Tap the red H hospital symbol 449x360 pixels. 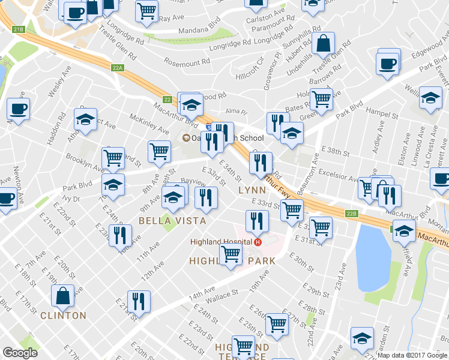pyautogui.click(x=258, y=242)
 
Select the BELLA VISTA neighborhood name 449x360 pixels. pyautogui.click(x=172, y=221)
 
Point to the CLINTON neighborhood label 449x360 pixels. pyautogui.click(x=64, y=316)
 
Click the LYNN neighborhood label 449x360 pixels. pyautogui.click(x=252, y=190)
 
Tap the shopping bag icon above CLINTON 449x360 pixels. pyautogui.click(x=63, y=295)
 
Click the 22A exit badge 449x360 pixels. pyautogui.click(x=117, y=68)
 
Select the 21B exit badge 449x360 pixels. pyautogui.click(x=19, y=29)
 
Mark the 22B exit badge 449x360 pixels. pyautogui.click(x=352, y=213)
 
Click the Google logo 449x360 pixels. pyautogui.click(x=20, y=353)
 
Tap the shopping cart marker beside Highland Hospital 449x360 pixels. pyautogui.click(x=231, y=254)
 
